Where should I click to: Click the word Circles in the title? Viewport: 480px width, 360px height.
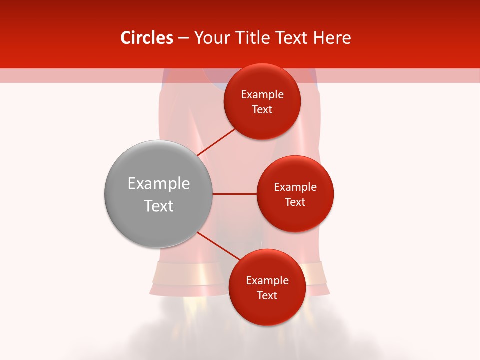click(146, 38)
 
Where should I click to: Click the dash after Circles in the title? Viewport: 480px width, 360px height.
click(183, 38)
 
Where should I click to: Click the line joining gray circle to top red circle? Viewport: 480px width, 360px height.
click(216, 142)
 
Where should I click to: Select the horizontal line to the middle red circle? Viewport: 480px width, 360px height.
click(234, 194)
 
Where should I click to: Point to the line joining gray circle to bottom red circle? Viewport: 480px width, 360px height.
click(218, 246)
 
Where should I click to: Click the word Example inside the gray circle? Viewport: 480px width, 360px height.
click(158, 184)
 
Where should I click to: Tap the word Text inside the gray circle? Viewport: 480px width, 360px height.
click(158, 206)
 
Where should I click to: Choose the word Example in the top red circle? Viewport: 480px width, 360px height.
click(262, 95)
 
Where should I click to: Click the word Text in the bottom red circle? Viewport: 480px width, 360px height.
click(267, 295)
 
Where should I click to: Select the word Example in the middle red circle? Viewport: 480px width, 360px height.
click(295, 187)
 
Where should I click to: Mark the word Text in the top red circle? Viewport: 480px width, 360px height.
click(262, 110)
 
